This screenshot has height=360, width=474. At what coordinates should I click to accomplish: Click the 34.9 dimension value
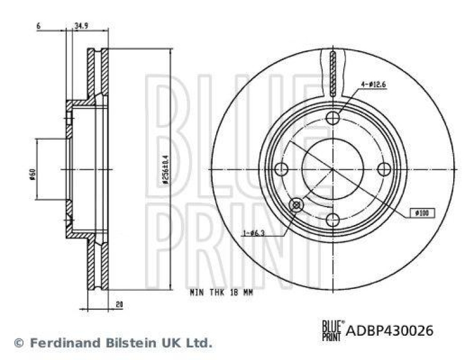click(x=82, y=26)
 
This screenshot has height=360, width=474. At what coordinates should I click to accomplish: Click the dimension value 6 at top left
click(x=38, y=26)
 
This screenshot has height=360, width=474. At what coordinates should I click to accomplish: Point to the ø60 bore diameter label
click(x=33, y=174)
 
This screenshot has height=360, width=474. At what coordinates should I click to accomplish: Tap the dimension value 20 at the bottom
click(x=119, y=304)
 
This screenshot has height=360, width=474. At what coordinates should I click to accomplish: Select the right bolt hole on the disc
click(x=384, y=169)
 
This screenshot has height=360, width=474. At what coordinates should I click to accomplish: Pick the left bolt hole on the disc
click(x=283, y=169)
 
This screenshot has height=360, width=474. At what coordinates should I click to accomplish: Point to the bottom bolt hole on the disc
click(x=334, y=219)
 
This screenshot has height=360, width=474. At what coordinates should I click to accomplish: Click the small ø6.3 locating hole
click(x=296, y=205)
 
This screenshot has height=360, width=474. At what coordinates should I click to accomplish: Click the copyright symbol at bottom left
click(x=18, y=342)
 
